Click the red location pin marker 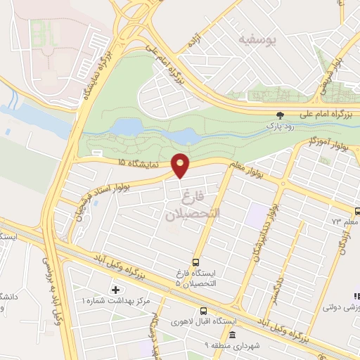tap(181, 166)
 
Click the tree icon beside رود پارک tap(281, 115)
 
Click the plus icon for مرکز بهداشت tap(115, 289)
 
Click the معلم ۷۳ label tap(345, 221)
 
